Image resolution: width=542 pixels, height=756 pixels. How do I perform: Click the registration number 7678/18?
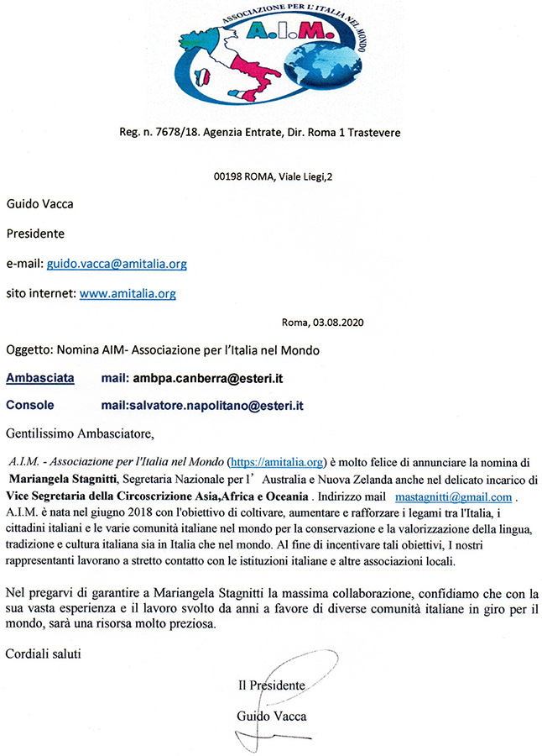coord(186,134)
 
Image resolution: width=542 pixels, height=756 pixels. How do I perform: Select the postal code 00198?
coord(231,177)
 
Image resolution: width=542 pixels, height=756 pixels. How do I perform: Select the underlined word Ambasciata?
coord(39,379)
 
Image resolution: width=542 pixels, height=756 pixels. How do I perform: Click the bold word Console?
coord(30,405)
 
